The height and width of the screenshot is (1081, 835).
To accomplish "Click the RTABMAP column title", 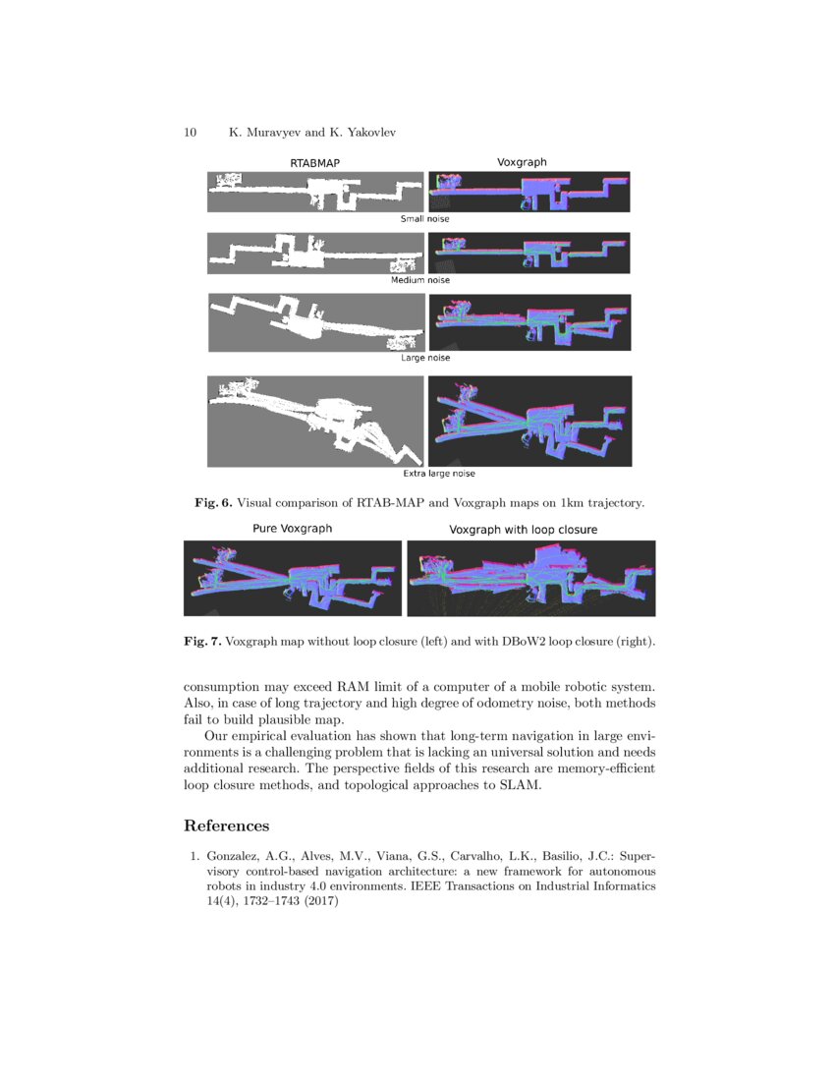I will (315, 162).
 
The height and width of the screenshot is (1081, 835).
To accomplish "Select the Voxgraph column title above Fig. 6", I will (522, 161).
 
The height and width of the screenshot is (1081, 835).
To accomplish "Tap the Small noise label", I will (424, 218).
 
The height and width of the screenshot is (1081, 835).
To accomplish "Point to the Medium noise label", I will (420, 280).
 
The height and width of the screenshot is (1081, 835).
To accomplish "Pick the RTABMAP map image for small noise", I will (315, 192).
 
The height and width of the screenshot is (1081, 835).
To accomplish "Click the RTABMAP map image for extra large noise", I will (315, 421).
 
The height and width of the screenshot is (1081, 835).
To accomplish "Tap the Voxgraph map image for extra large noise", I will (529, 421).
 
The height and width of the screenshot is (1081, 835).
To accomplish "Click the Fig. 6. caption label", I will (212, 503).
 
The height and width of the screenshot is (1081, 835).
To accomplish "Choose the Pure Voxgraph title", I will (293, 529).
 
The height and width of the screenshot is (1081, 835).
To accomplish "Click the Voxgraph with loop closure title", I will (523, 530).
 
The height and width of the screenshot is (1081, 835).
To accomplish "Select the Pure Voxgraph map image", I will (293, 578).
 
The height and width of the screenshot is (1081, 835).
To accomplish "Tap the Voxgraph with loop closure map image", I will (530, 578).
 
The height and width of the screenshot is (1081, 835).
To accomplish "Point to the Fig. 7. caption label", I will (202, 642).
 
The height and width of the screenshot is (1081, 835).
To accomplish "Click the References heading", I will (226, 825).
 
